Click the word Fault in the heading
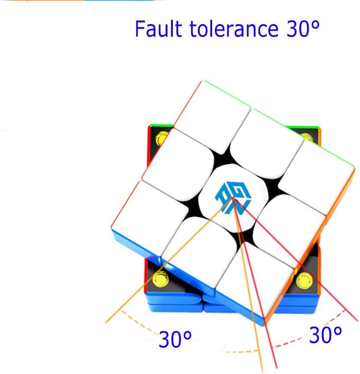[x=159, y=29]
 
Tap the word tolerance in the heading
[x=234, y=29]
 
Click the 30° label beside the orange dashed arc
[x=175, y=339]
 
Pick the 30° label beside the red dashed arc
[x=325, y=335]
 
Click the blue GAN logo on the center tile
[x=233, y=199]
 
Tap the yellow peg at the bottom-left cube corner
[x=160, y=279]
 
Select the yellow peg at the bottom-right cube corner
[x=304, y=280]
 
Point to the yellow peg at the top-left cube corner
[x=161, y=138]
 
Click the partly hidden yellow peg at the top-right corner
[x=307, y=137]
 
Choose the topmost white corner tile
[x=213, y=116]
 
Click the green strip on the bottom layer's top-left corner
[x=162, y=126]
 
